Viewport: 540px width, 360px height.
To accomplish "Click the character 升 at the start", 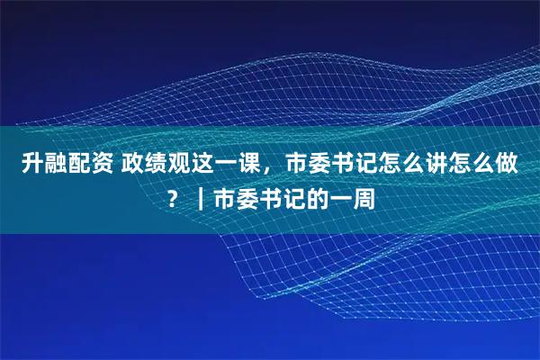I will [x=32, y=165].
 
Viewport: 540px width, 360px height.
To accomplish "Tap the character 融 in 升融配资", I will [x=56, y=165].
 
